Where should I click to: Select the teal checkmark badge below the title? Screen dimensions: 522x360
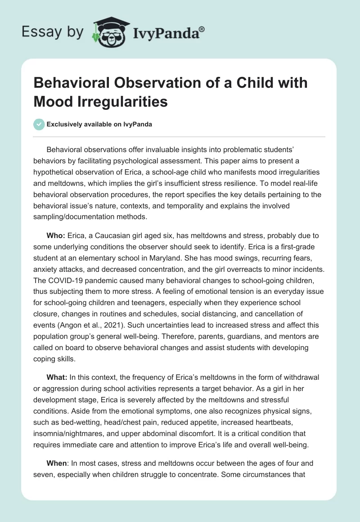click(x=40, y=124)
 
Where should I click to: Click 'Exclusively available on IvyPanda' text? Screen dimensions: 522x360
click(x=99, y=125)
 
